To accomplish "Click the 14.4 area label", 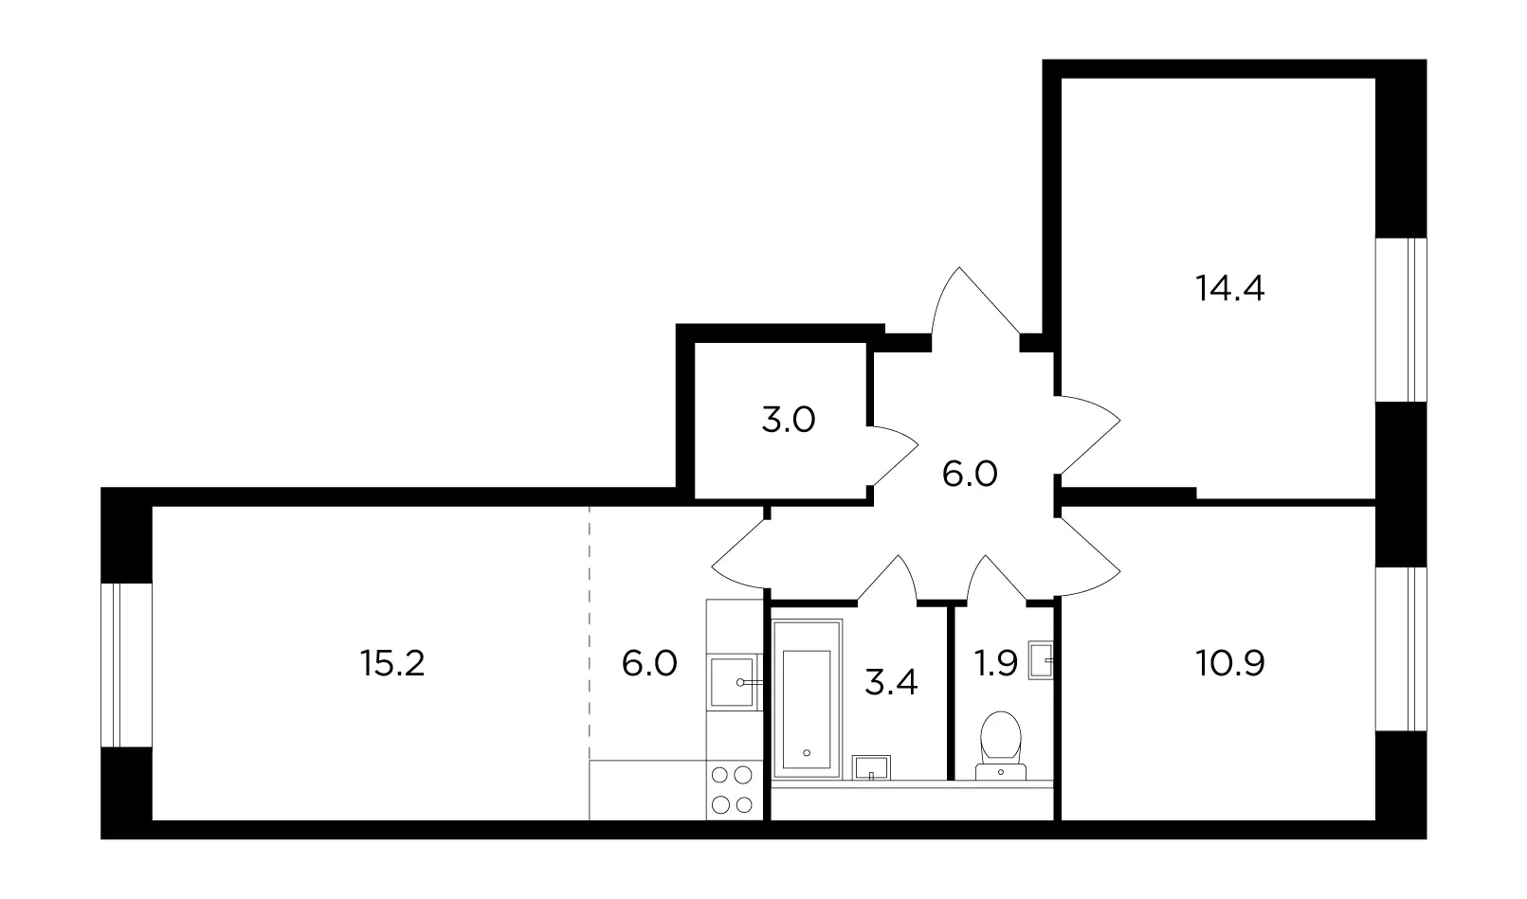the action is (x=1229, y=288).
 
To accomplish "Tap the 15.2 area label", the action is (x=392, y=663).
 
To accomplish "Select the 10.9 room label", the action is (x=1229, y=663).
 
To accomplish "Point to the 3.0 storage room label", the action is (x=788, y=421).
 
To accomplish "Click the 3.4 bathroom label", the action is (x=891, y=682).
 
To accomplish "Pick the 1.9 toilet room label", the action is (x=996, y=663).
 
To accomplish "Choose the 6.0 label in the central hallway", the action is (x=970, y=474).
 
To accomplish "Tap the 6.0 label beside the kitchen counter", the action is (x=649, y=663).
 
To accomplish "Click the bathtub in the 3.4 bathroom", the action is (x=808, y=699).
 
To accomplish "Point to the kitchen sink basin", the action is (x=732, y=682).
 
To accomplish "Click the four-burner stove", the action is (x=732, y=791).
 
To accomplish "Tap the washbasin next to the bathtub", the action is (x=871, y=767).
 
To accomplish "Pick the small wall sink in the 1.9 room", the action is (x=1041, y=660).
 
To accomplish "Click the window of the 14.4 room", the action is (x=1401, y=319).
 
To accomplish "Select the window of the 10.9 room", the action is (x=1401, y=649).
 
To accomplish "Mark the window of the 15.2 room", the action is (x=126, y=665).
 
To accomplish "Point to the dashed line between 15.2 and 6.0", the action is (x=590, y=633).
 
